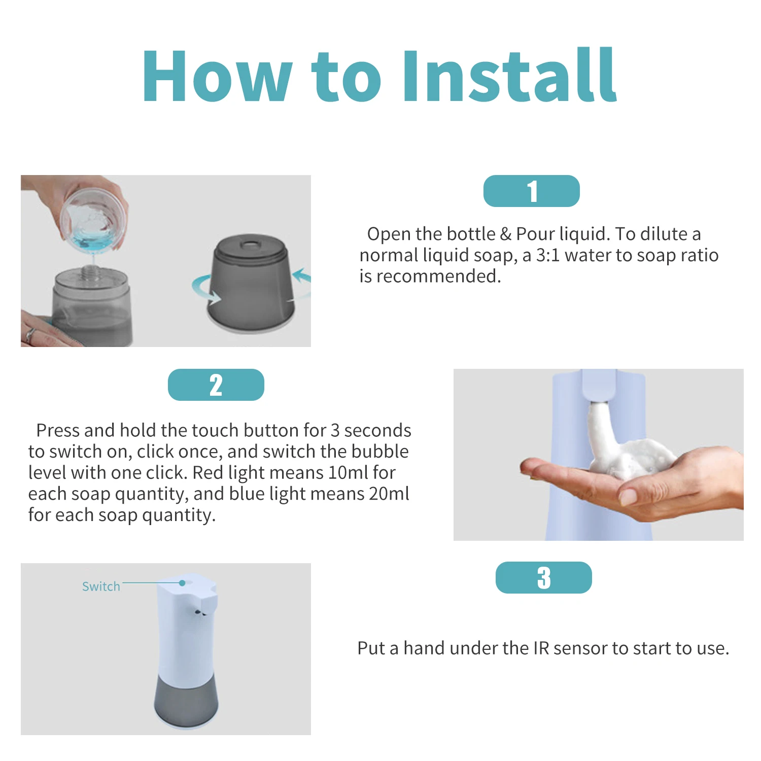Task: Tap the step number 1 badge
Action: [x=531, y=191]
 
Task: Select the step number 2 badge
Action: [x=216, y=385]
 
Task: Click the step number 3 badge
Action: [x=543, y=578]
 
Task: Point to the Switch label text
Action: [x=101, y=586]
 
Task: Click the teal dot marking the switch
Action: [x=182, y=583]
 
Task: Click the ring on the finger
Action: [x=30, y=334]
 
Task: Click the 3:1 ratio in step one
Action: [x=548, y=255]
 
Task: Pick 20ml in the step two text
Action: [x=389, y=494]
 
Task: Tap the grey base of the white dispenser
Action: [x=186, y=703]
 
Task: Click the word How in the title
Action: [x=217, y=76]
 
